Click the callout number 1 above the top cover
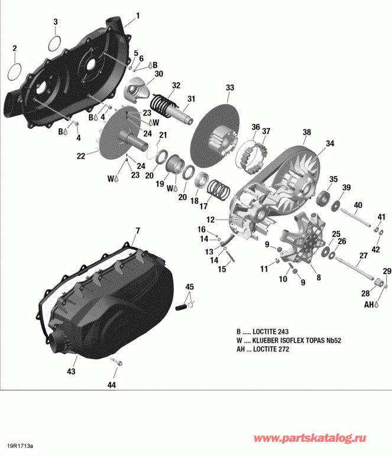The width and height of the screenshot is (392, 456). click(138, 15)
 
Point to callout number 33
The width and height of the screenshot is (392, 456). click(229, 87)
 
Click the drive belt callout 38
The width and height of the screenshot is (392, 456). click(306, 132)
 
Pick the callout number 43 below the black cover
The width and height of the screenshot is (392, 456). click(71, 372)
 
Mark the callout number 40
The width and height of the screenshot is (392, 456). click(358, 205)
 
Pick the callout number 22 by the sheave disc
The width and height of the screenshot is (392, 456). click(81, 155)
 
